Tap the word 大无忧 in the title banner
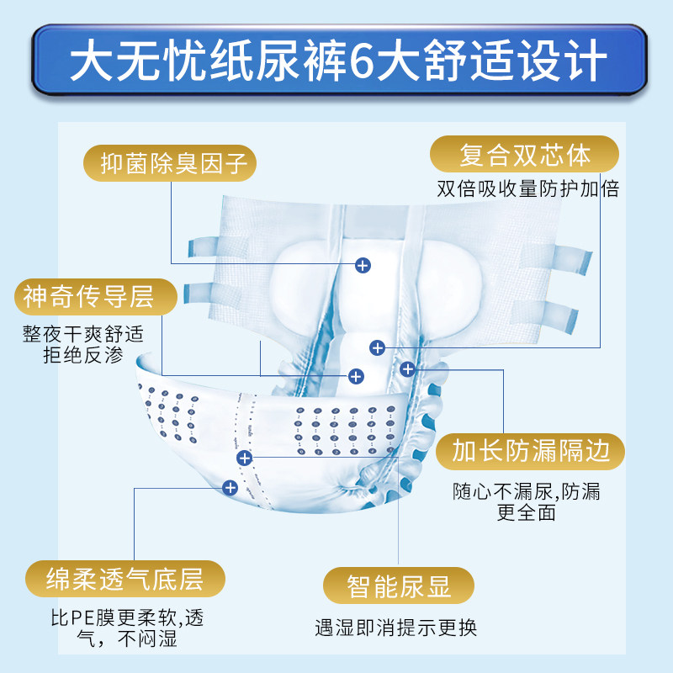(x=133, y=56)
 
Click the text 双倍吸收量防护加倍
(x=527, y=188)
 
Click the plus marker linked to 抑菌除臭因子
(x=363, y=264)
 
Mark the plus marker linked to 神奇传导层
(x=356, y=374)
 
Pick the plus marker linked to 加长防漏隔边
(x=408, y=368)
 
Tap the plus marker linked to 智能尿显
(x=245, y=458)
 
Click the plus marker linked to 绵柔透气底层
(x=231, y=486)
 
